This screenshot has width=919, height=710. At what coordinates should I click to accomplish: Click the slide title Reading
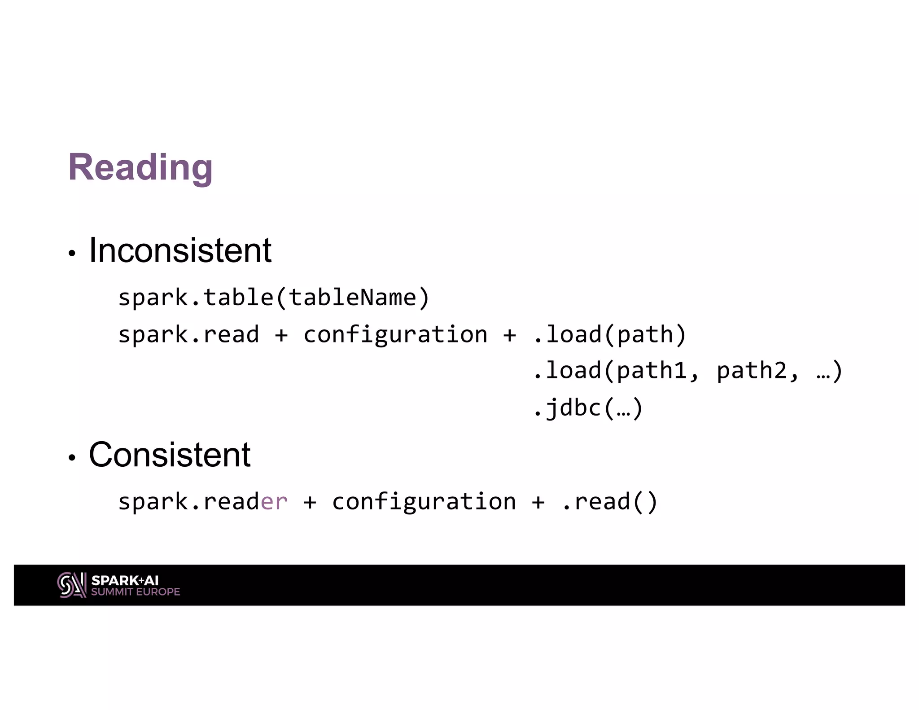click(x=140, y=167)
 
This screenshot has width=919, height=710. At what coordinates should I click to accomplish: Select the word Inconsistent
click(x=180, y=250)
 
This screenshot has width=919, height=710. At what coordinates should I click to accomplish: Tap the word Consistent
click(x=170, y=455)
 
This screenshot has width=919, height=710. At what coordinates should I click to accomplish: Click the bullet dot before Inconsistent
click(x=72, y=254)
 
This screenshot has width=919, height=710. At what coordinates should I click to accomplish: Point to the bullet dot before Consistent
click(x=72, y=458)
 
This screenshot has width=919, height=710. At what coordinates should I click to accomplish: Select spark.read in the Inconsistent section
click(x=188, y=335)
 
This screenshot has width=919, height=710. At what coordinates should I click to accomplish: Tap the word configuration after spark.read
click(x=395, y=335)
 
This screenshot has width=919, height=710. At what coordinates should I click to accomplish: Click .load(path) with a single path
click(x=609, y=335)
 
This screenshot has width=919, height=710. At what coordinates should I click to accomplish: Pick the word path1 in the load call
click(x=652, y=371)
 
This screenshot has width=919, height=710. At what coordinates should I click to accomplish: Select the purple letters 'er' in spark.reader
click(x=274, y=502)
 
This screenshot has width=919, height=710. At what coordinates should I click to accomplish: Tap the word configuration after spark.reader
click(x=424, y=502)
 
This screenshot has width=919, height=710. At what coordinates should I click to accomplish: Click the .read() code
click(x=609, y=502)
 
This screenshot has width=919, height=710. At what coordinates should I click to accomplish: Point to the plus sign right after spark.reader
click(x=310, y=502)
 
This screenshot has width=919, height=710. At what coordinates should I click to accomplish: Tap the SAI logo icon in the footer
click(x=72, y=585)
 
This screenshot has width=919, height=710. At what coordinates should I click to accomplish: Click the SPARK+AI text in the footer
click(x=125, y=580)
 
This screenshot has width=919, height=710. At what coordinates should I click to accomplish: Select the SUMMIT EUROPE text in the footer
click(x=136, y=592)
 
